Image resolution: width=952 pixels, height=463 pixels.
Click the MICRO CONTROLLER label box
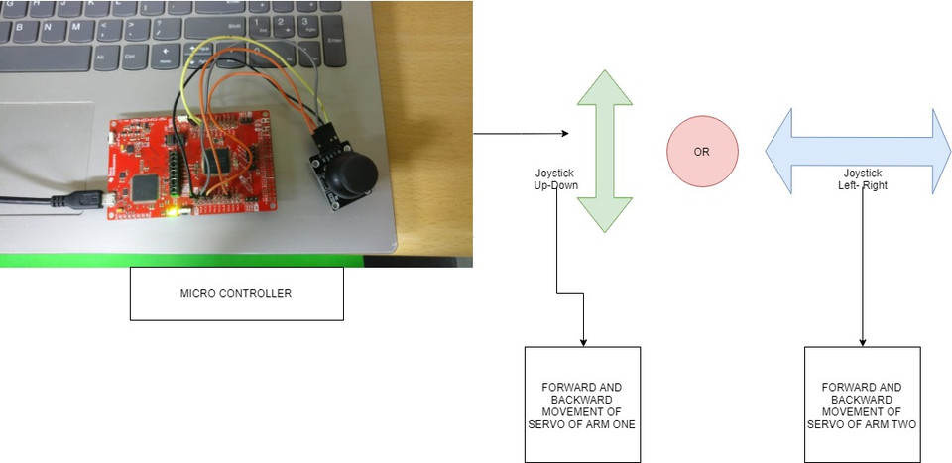point(236,293)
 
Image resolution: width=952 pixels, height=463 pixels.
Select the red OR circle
point(702,151)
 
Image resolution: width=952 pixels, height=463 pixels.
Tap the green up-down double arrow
point(605,151)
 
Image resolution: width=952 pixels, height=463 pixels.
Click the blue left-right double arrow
point(858,151)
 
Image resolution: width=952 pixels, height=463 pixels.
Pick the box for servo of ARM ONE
point(582,404)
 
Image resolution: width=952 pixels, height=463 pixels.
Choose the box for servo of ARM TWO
point(862,404)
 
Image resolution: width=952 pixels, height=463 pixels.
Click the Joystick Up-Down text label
point(554,179)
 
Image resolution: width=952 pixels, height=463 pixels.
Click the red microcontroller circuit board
point(188,164)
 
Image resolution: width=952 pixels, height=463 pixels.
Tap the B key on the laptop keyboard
point(46,27)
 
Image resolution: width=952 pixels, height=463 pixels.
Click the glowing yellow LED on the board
point(175,209)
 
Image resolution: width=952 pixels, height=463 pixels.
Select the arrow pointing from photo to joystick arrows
point(520,134)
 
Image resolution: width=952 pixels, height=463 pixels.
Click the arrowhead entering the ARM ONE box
point(582,341)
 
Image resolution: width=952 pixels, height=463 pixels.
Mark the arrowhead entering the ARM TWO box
point(862,341)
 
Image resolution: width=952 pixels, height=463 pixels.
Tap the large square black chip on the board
point(147,184)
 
